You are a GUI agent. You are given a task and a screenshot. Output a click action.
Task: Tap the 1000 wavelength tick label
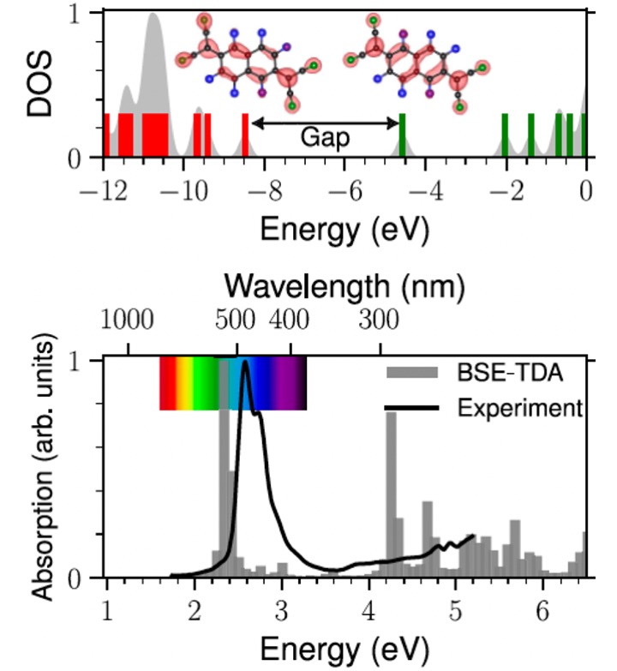click(127, 321)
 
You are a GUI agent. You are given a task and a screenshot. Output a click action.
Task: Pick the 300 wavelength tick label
click(378, 321)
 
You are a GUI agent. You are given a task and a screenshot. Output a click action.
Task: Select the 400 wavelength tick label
click(291, 321)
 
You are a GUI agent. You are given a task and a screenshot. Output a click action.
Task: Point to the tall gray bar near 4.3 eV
click(392, 497)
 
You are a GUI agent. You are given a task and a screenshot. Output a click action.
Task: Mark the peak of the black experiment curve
click(246, 363)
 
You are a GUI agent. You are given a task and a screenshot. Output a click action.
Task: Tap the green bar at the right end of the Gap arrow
click(403, 135)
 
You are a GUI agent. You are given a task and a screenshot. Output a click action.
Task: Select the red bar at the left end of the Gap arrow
click(245, 135)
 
